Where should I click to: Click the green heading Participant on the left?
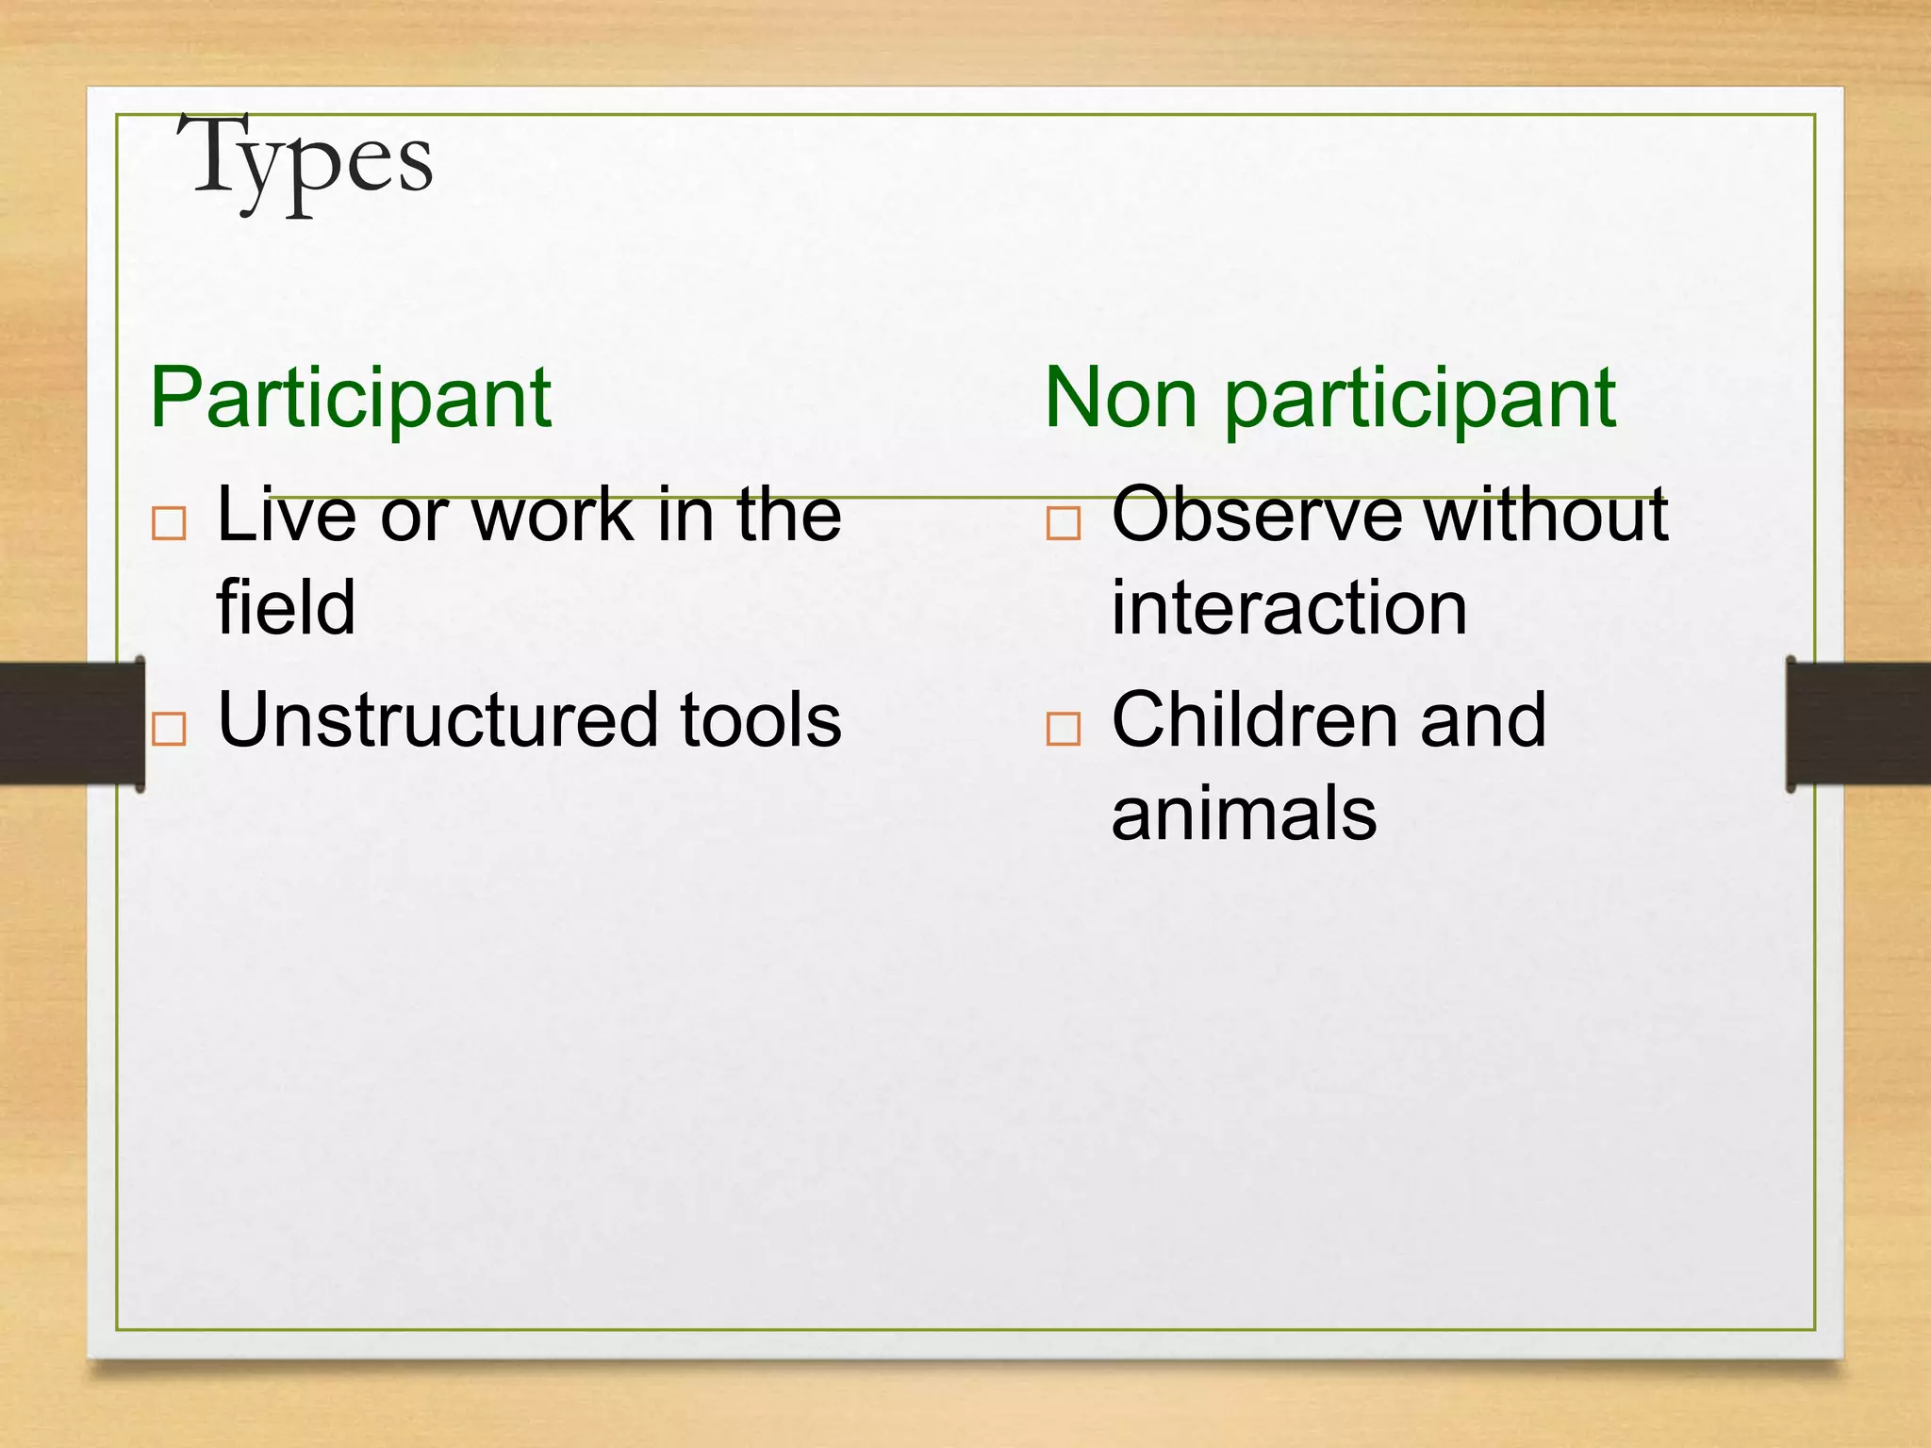pos(350,398)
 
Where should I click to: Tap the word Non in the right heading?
pos(1121,398)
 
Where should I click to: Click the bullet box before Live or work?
pos(169,522)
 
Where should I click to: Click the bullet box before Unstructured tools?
pos(169,729)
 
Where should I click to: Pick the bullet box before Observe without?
pos(1063,522)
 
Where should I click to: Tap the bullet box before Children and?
pos(1063,729)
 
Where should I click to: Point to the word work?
pos(552,515)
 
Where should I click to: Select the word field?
pos(286,607)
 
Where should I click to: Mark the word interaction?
pos(1289,607)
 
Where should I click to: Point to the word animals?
pos(1244,813)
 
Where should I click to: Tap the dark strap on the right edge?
pos(1859,723)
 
